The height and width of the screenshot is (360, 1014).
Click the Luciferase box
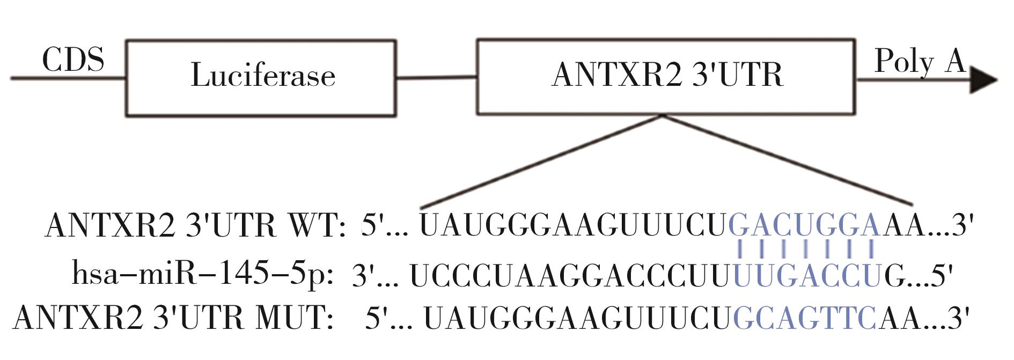261,77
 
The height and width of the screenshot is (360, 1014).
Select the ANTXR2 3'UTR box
666,76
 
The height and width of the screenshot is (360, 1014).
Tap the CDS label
73,60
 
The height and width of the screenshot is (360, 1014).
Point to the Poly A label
920,62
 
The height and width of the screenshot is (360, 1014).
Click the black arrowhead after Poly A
983,80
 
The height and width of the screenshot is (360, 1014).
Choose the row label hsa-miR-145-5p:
203,275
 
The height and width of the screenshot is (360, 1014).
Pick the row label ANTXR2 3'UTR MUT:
173,318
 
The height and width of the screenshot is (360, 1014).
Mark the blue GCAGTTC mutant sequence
804,318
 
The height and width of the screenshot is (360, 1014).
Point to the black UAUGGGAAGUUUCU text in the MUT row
577,318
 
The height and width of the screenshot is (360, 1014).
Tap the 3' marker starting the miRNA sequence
362,275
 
